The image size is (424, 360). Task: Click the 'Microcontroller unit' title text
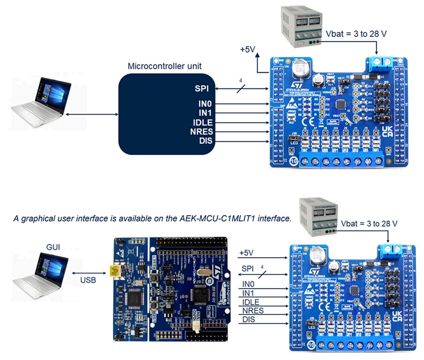click(165, 66)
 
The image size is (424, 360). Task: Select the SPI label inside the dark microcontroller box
click(202, 89)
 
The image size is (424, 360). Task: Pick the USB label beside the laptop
click(88, 281)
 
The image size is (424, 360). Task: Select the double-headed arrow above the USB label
click(88, 272)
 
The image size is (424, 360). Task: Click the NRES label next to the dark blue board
click(252, 311)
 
